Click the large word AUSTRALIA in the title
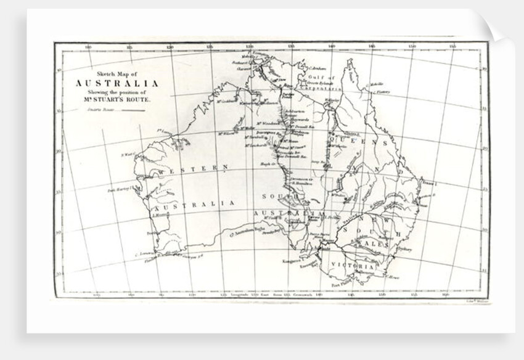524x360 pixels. tap(117, 84)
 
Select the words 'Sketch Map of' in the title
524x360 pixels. tap(117, 73)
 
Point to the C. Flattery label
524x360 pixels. tap(383, 92)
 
